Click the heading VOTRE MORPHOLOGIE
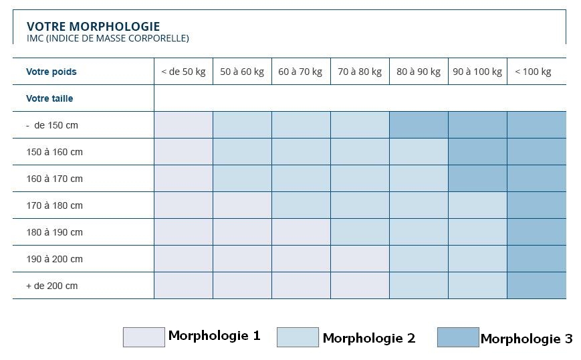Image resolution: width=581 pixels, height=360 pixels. pyautogui.click(x=93, y=27)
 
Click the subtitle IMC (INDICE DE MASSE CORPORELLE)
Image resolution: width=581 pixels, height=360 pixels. pyautogui.click(x=108, y=39)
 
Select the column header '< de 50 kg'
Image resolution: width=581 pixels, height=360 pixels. pyautogui.click(x=183, y=72)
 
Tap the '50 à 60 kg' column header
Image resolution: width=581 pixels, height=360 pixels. pyautogui.click(x=242, y=72)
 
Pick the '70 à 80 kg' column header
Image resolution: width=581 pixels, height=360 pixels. pyautogui.click(x=360, y=72)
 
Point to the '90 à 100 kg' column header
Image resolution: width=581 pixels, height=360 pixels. pyautogui.click(x=477, y=72)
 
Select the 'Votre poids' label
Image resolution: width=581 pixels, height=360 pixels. pyautogui.click(x=51, y=72)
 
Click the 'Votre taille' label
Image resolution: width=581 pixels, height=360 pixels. pyautogui.click(x=49, y=98)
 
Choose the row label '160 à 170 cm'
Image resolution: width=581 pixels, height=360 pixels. pyautogui.click(x=54, y=179)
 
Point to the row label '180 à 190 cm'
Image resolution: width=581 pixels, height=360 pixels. pyautogui.click(x=54, y=232)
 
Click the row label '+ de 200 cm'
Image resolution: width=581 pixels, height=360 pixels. pyautogui.click(x=52, y=286)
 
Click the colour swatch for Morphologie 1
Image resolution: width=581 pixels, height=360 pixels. pyautogui.click(x=144, y=337)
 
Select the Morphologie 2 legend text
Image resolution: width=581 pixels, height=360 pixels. pyautogui.click(x=368, y=338)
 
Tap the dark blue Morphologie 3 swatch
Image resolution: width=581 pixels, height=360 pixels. pyautogui.click(x=458, y=337)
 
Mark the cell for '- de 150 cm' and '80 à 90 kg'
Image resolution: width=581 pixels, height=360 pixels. pyautogui.click(x=419, y=125)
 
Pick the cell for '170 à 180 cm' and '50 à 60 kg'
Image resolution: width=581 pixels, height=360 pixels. pyautogui.click(x=242, y=205)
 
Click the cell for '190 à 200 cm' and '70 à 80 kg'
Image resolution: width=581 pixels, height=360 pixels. pyautogui.click(x=360, y=259)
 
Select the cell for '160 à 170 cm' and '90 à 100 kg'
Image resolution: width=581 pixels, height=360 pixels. pyautogui.click(x=477, y=179)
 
